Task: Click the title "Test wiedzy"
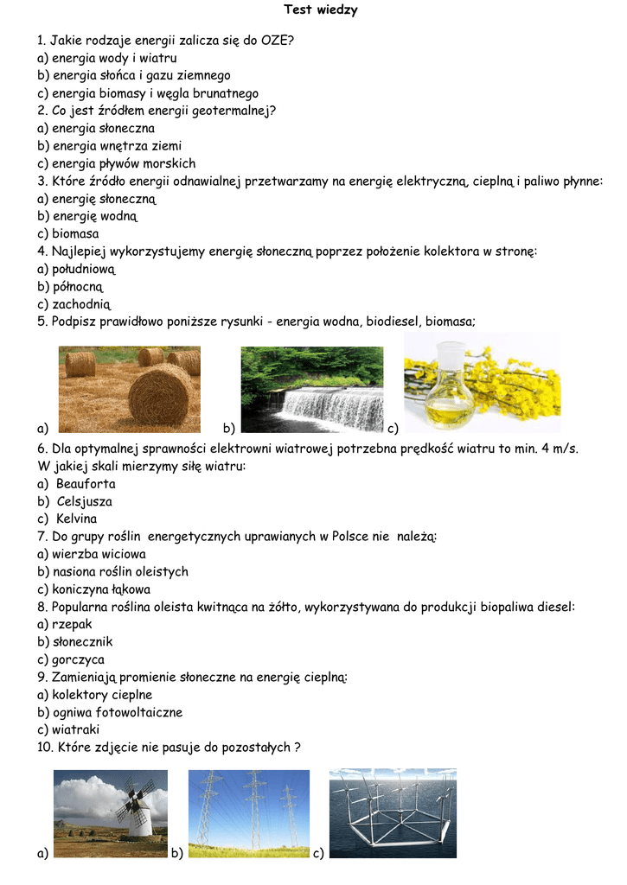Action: coord(321,10)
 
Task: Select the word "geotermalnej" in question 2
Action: coord(228,111)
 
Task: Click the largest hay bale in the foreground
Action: coord(160,394)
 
